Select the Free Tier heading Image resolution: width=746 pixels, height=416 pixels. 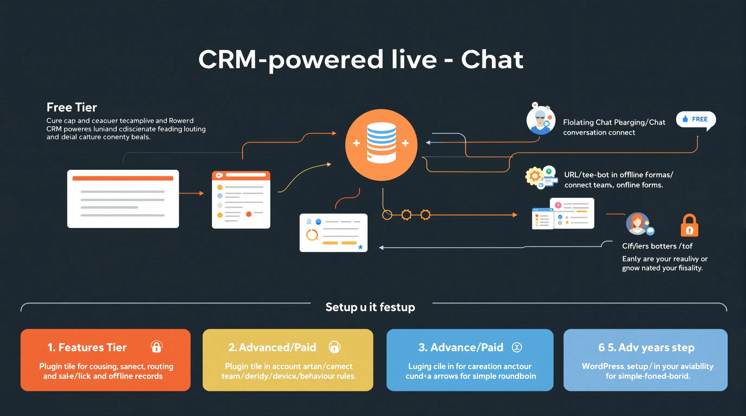click(72, 107)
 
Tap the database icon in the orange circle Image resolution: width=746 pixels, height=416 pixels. click(381, 143)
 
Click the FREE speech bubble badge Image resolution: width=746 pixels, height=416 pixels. click(696, 119)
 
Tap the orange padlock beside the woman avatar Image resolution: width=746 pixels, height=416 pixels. click(689, 226)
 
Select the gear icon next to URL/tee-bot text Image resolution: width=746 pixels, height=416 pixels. click(535, 175)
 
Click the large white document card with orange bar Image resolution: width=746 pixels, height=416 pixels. click(123, 199)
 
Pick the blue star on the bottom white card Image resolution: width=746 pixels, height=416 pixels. click(360, 247)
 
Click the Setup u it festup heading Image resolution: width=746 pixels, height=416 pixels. click(370, 307)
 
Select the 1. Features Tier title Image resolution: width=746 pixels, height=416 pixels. click(87, 347)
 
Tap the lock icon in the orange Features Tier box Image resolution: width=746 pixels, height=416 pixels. click(156, 347)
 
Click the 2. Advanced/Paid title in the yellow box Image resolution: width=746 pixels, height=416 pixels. click(272, 347)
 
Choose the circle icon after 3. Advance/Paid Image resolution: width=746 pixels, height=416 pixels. click(517, 347)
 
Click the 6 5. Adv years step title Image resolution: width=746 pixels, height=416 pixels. click(646, 347)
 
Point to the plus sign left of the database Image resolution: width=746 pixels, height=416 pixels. click(356, 143)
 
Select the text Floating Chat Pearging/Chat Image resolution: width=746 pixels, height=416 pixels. click(614, 122)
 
